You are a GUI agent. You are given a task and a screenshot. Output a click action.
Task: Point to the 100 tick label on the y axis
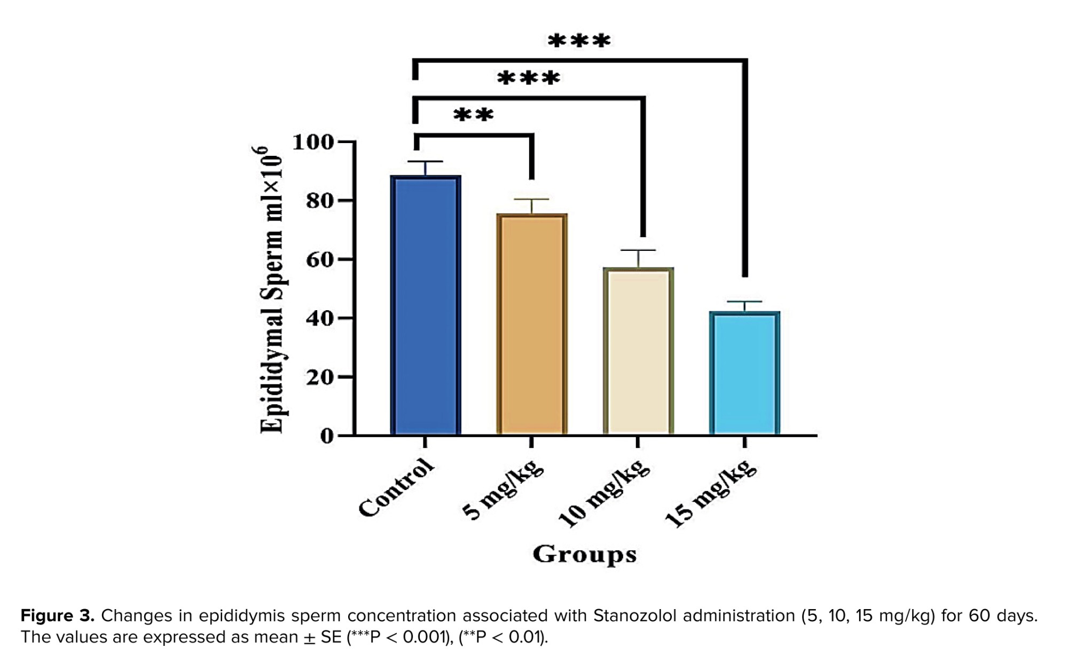tap(313, 142)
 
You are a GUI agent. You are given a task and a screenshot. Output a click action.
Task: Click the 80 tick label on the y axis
tap(319, 201)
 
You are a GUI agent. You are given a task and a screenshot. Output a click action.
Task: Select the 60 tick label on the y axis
tap(319, 259)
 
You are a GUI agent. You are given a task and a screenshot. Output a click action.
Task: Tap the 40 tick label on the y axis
tap(319, 318)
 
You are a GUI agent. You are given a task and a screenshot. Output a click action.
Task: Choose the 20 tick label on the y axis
tap(319, 377)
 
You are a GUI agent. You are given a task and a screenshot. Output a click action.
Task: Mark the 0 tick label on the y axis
tap(326, 436)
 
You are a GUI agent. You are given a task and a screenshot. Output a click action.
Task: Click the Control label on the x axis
tap(396, 488)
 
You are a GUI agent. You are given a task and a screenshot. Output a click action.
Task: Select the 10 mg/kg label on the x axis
tap(603, 494)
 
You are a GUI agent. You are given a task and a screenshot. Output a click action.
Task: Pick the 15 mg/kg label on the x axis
tap(710, 494)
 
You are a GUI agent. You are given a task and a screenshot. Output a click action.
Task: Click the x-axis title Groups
tap(584, 555)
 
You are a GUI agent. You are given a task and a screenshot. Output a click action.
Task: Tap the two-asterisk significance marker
tap(474, 115)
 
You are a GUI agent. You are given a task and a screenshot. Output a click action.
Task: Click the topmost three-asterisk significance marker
tap(579, 41)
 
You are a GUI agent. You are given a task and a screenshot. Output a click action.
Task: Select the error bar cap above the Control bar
tap(426, 161)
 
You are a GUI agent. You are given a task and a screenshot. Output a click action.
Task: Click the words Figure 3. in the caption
tap(57, 616)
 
